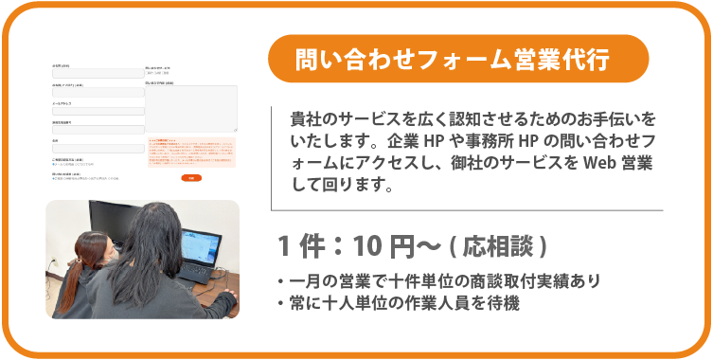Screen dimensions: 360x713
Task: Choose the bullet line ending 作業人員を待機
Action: tap(399, 304)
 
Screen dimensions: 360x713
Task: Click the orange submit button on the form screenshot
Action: tap(190, 178)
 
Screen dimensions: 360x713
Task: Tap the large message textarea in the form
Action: tap(190, 108)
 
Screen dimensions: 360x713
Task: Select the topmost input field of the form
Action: tap(98, 73)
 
